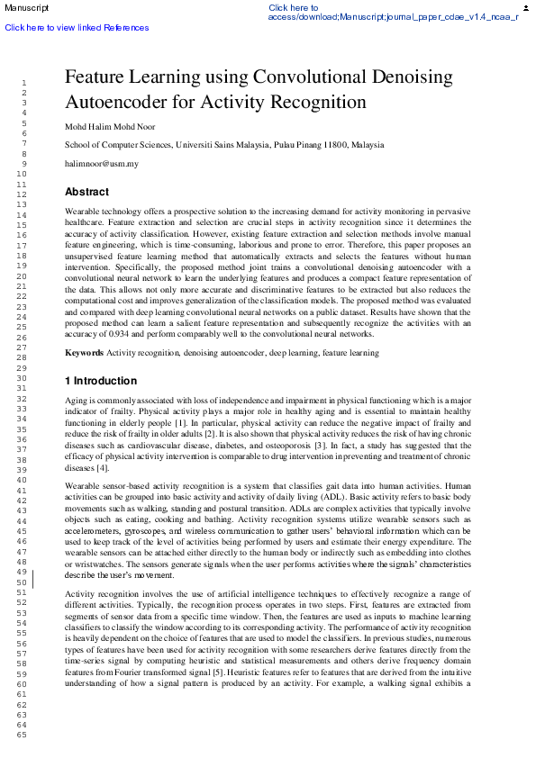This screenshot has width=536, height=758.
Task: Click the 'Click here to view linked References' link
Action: coord(77,27)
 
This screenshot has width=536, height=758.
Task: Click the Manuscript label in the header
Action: coord(25,8)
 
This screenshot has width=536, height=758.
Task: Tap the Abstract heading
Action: coord(86,192)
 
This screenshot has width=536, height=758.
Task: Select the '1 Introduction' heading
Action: coord(101,381)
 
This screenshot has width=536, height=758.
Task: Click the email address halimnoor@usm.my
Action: coord(102,164)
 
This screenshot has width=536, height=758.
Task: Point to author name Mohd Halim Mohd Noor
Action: coord(110,126)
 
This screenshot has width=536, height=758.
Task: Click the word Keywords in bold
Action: coord(85,353)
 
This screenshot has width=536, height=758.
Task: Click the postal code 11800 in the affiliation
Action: coord(335,145)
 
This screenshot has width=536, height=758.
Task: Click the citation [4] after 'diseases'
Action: coord(103,468)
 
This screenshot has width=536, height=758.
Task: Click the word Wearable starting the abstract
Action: coord(83,210)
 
